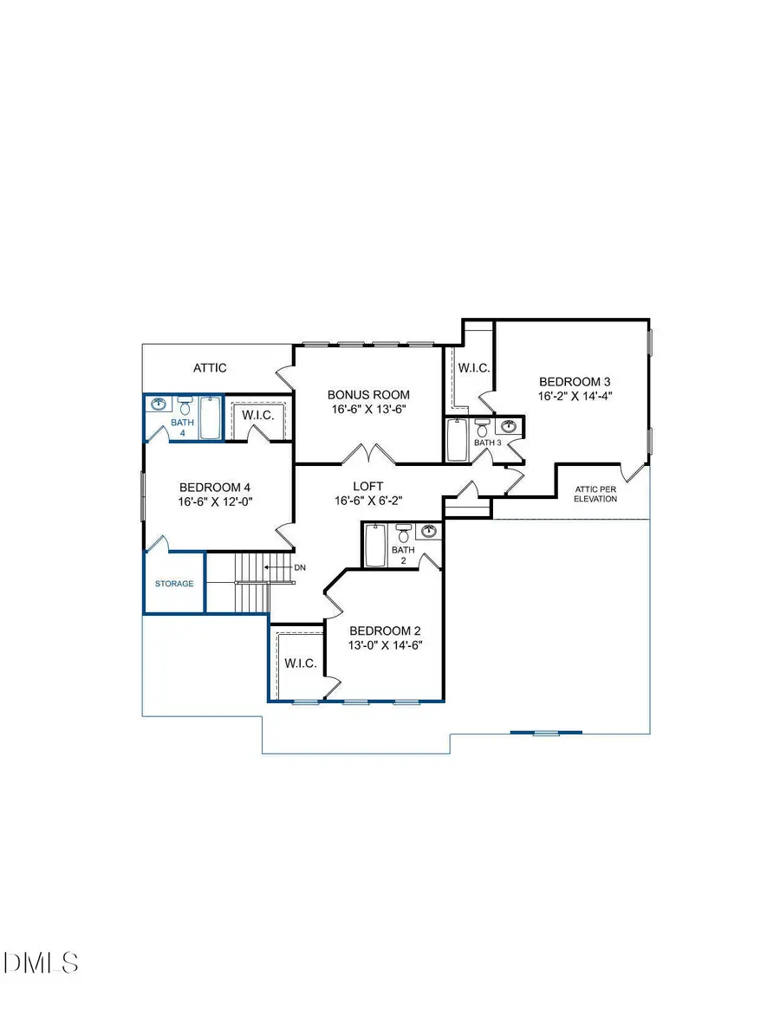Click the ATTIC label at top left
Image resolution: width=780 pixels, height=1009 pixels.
coord(210,368)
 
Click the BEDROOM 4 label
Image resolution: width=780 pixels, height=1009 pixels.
coord(215,487)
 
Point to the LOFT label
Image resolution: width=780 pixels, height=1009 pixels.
coord(367,487)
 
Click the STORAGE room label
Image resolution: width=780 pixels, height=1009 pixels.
coord(174,584)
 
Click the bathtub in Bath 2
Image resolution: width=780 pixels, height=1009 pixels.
coord(374,546)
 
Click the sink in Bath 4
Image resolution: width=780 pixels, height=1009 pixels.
coord(159,404)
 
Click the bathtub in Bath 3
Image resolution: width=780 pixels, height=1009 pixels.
coord(457,440)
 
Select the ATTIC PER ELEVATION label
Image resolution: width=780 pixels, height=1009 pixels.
coord(595,494)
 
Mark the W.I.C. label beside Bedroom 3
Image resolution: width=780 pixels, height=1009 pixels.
coord(473,368)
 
